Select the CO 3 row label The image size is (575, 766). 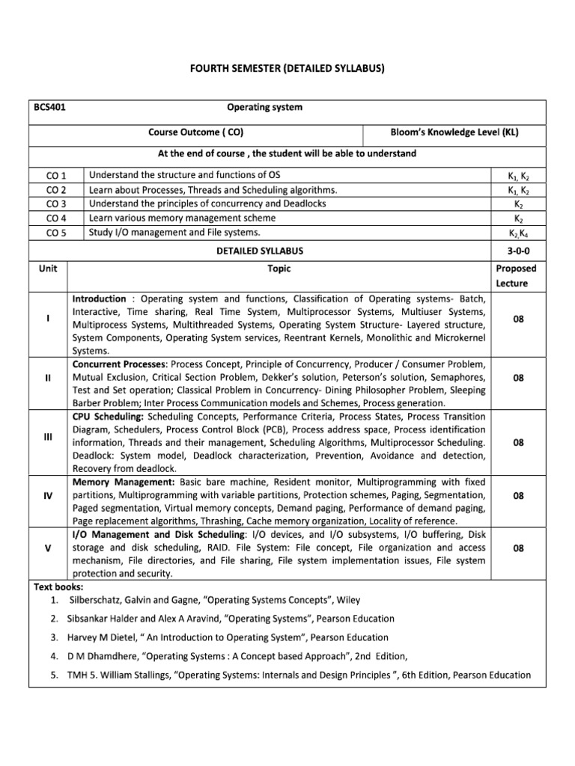[x=56, y=203]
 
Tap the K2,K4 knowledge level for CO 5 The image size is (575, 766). [x=518, y=233]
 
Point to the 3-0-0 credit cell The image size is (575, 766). [x=518, y=251]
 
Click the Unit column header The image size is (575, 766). [x=48, y=268]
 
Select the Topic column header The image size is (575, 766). [x=279, y=268]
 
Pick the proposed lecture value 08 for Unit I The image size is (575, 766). [x=518, y=319]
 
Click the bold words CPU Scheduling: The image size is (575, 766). [x=109, y=416]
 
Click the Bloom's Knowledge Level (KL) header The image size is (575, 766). [x=454, y=132]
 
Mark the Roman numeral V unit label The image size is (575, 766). [x=48, y=548]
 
